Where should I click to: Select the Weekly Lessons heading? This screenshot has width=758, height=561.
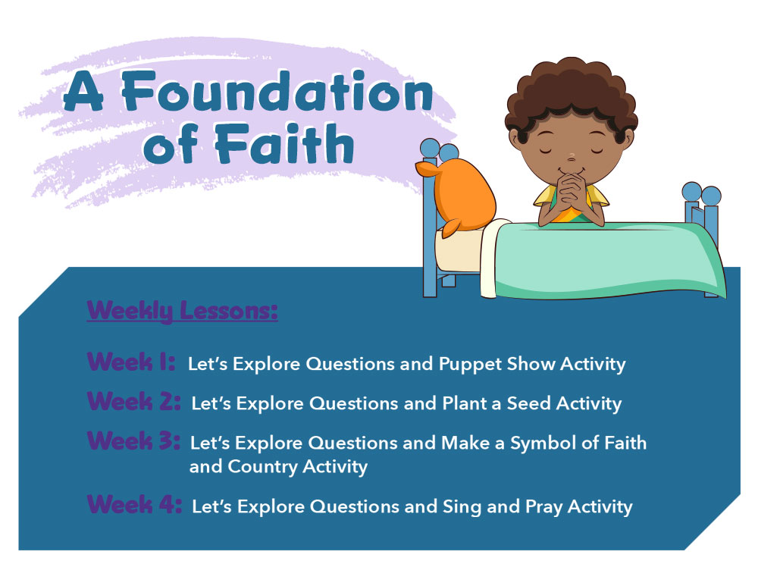point(182,310)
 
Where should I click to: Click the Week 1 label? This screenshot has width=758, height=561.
point(131,362)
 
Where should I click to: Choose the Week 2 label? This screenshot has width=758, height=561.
point(133,401)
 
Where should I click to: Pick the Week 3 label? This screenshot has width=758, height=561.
point(133,440)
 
